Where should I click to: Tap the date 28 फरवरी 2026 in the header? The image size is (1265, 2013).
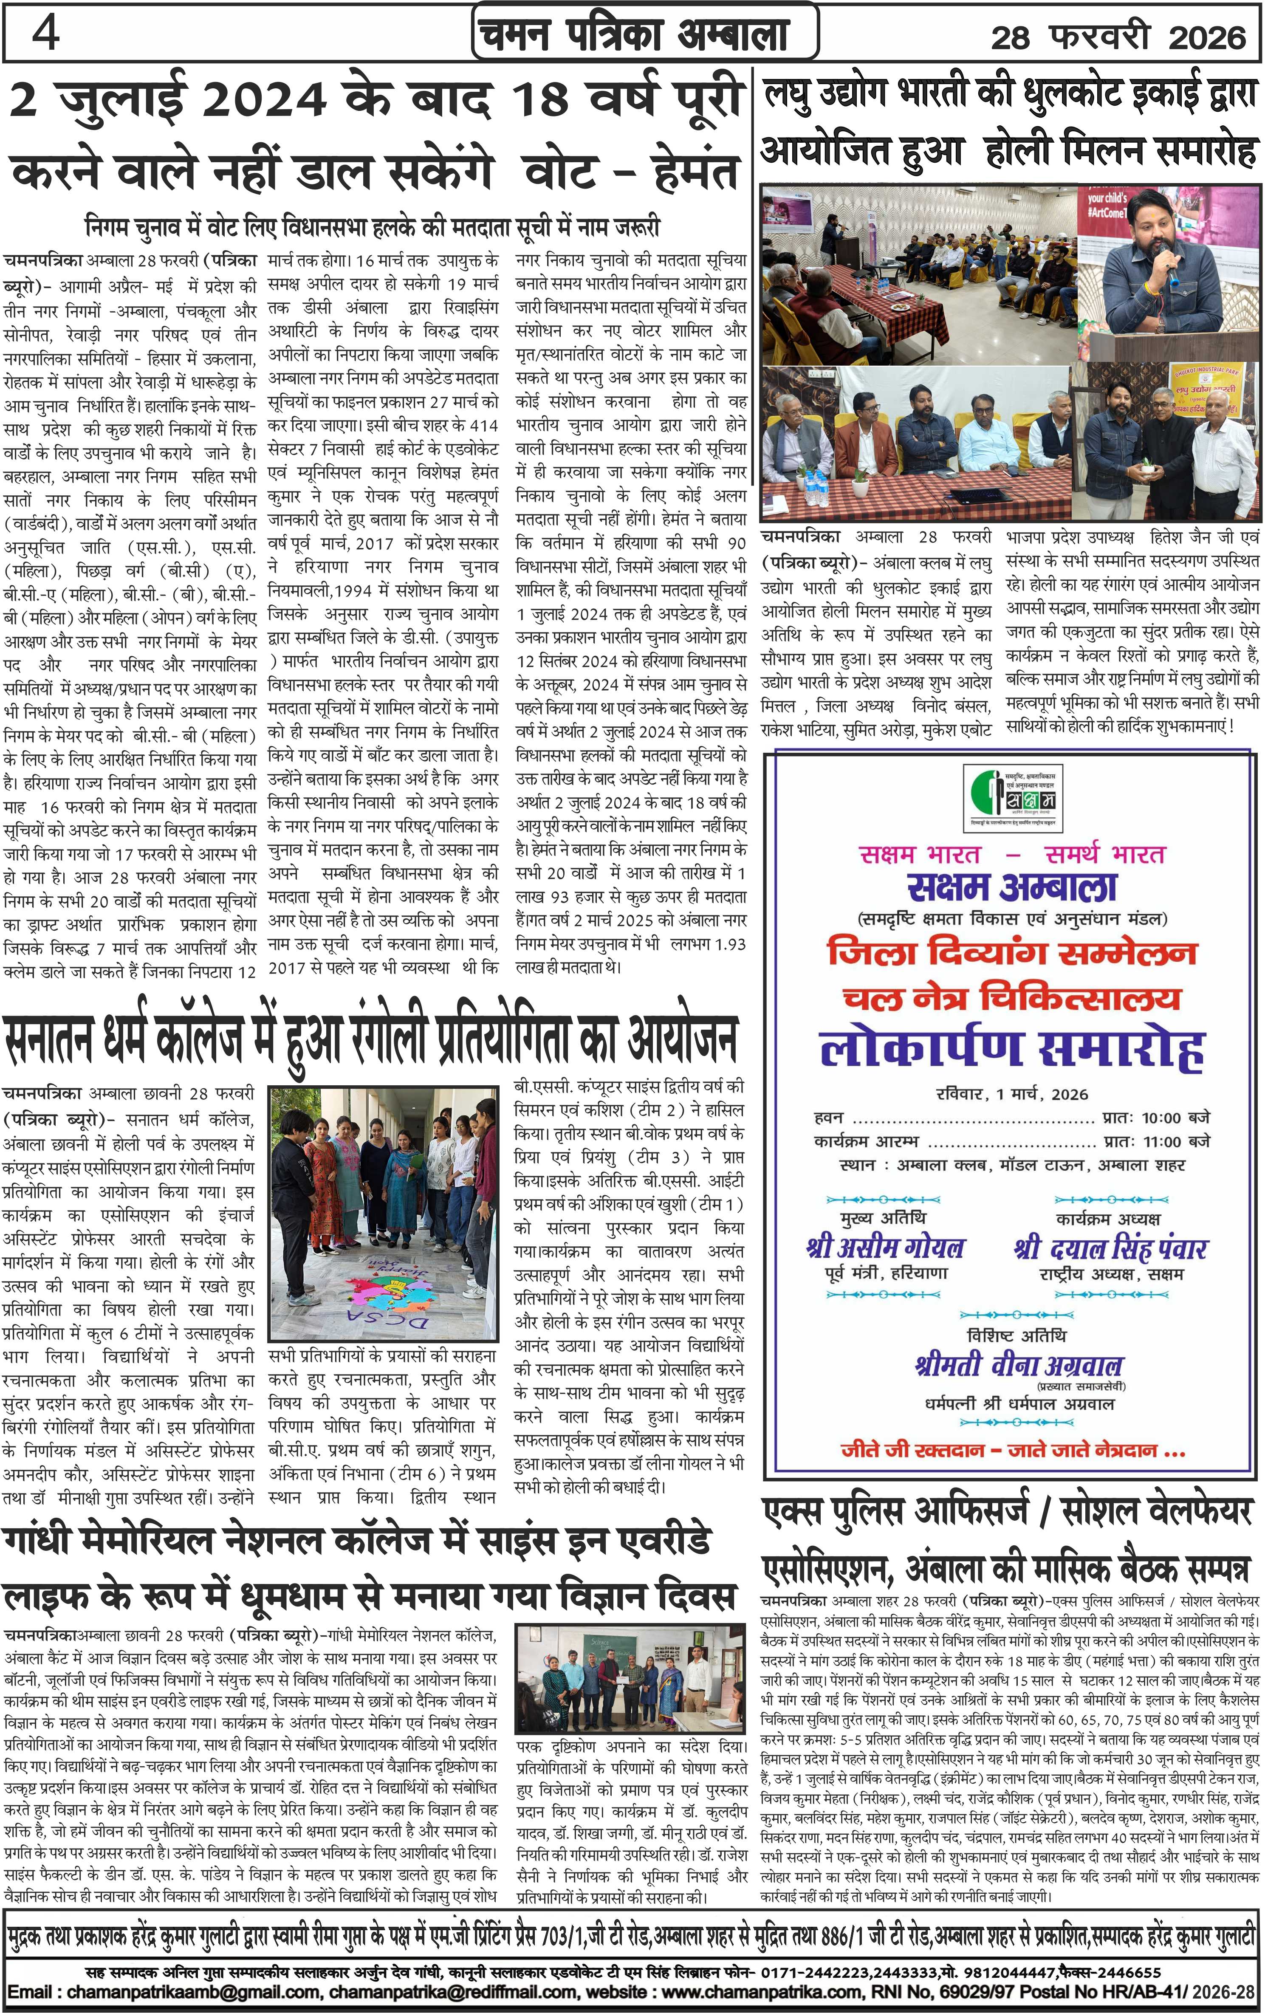[1118, 37]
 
